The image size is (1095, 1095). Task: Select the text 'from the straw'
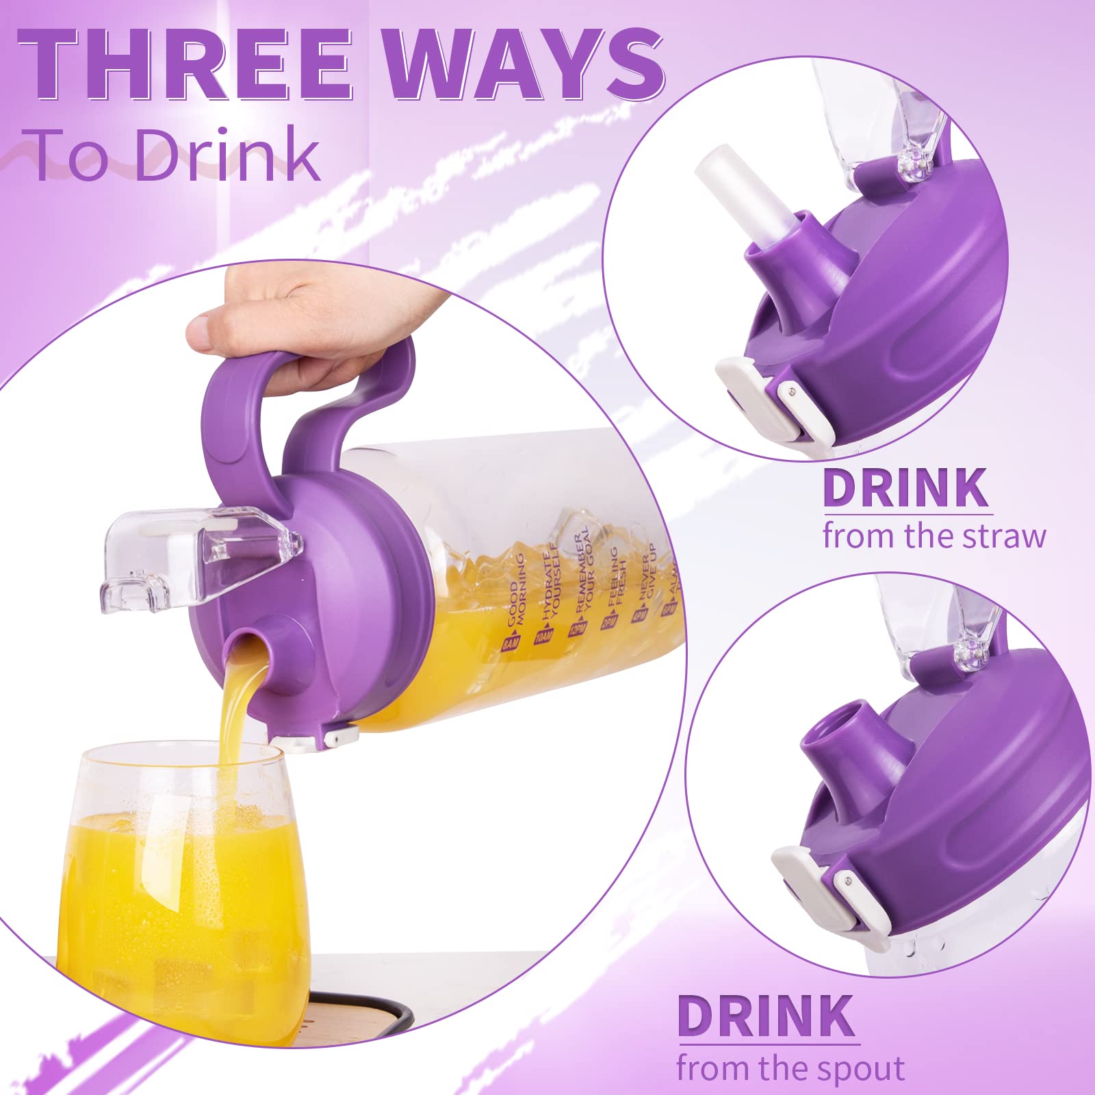[x=934, y=536]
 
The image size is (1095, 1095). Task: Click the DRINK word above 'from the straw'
[x=905, y=487]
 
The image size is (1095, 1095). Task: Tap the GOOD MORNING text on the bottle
[x=515, y=602]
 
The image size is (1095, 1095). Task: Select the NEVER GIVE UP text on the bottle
[x=647, y=582]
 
